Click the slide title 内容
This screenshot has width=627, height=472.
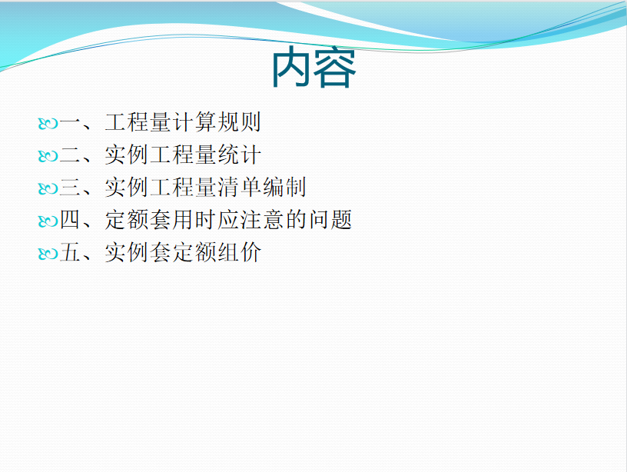314,67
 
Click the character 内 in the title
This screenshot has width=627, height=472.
292,67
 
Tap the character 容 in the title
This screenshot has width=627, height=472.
335,67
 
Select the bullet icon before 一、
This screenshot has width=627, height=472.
48,124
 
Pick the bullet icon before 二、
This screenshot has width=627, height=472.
48,156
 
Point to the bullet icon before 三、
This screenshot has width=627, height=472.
48,188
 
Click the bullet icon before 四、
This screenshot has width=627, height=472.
48,221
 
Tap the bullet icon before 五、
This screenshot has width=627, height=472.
48,254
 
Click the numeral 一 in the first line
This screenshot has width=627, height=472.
71,122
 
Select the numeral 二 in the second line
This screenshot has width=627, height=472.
71,155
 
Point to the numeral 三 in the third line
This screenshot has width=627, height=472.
71,188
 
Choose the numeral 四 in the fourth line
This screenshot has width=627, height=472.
71,220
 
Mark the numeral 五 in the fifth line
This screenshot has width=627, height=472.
71,252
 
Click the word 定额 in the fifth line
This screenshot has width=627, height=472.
194,252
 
